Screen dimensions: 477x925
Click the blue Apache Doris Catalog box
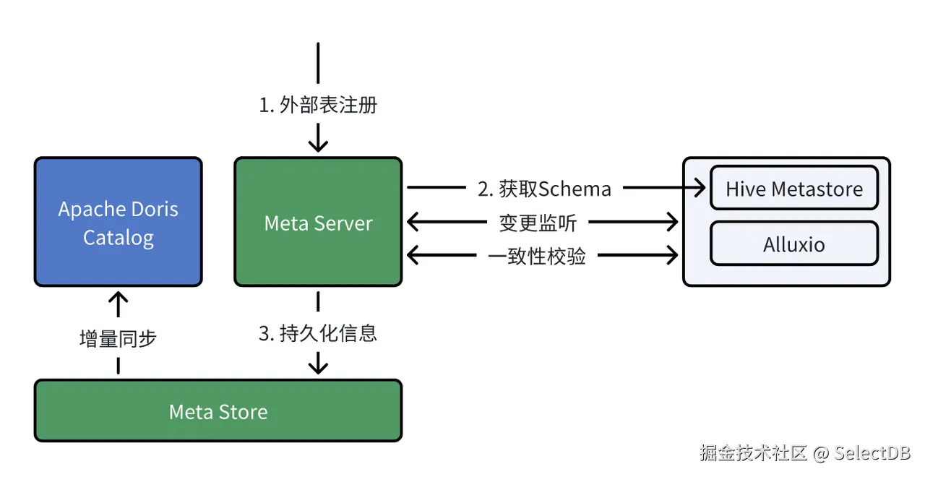[118, 222]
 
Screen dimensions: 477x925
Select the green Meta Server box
[318, 222]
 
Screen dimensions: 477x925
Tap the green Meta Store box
[218, 411]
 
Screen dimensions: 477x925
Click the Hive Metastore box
[794, 189]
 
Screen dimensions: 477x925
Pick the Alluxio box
[794, 244]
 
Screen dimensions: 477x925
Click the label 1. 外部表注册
[318, 106]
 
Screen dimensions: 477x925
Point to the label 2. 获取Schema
[544, 189]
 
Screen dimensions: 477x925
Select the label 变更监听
[538, 223]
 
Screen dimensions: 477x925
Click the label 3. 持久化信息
[318, 333]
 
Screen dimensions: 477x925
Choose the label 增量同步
[118, 338]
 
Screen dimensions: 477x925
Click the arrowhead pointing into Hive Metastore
[700, 189]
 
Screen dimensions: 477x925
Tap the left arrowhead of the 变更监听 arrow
[413, 222]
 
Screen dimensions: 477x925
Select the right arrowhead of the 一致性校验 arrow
[672, 255]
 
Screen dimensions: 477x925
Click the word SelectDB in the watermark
[872, 454]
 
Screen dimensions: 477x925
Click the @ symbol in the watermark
[820, 454]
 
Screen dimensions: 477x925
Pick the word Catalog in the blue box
[118, 238]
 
